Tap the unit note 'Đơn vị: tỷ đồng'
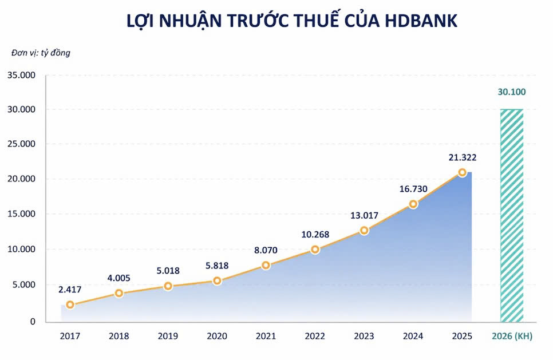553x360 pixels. (41, 53)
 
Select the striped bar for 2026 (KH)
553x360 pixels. (512, 215)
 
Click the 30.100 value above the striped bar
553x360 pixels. (512, 92)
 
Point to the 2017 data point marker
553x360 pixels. (70, 305)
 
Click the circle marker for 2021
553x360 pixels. (266, 265)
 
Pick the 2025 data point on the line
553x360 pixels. (462, 172)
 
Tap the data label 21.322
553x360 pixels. (462, 157)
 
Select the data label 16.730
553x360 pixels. (413, 189)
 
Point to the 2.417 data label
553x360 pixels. (70, 290)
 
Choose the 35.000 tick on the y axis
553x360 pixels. (21, 75)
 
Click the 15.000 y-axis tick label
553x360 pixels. (21, 214)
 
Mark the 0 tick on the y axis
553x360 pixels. (32, 322)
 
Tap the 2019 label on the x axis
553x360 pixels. (168, 337)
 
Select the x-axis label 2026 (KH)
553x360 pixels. (512, 337)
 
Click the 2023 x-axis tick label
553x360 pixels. (364, 337)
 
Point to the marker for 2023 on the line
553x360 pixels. (364, 231)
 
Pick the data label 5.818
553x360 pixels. (217, 266)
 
